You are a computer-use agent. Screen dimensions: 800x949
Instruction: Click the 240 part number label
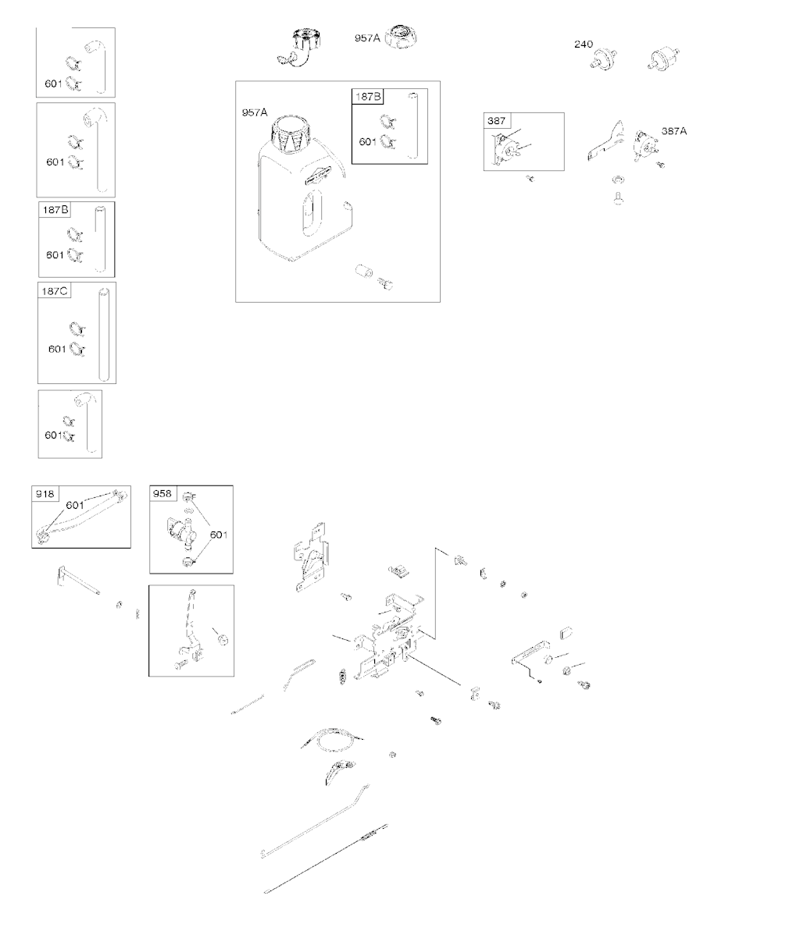click(584, 44)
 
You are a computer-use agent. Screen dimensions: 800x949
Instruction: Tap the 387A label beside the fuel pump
click(674, 131)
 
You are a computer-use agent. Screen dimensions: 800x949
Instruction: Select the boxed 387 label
click(496, 120)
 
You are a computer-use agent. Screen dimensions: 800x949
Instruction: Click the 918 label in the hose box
click(45, 493)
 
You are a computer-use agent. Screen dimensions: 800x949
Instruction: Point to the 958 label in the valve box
click(162, 493)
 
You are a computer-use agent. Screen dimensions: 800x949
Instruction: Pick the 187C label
click(54, 291)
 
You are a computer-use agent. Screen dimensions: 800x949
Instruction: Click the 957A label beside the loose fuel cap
click(367, 38)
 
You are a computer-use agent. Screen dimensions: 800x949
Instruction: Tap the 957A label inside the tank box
click(255, 112)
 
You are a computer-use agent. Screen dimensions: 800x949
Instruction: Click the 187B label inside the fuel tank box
click(368, 96)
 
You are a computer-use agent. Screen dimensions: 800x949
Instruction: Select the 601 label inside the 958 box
click(219, 535)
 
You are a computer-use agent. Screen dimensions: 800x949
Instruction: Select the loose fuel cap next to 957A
click(401, 37)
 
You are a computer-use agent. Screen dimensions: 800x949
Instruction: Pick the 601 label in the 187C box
click(57, 349)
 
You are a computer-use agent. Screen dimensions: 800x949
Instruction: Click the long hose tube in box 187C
click(104, 334)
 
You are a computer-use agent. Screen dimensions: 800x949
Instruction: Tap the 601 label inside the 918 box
click(75, 505)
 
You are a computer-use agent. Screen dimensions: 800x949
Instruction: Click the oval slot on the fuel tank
click(312, 213)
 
